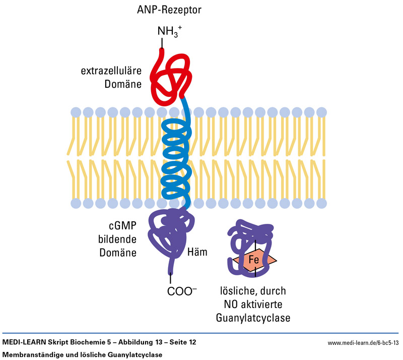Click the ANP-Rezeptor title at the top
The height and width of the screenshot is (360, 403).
pos(171,10)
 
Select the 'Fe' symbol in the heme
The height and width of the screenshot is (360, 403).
pos(254,261)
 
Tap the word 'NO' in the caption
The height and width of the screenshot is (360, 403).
pos(231,305)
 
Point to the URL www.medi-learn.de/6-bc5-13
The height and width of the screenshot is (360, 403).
pos(363,343)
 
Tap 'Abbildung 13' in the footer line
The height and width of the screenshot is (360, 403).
pos(122,343)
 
